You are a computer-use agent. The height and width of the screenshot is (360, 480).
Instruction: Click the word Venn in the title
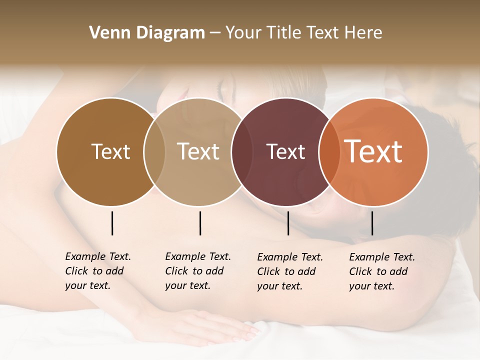tap(107, 33)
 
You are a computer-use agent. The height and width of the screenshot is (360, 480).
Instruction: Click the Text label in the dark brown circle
tap(110, 151)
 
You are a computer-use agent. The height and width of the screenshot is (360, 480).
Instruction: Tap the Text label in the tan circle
tap(198, 151)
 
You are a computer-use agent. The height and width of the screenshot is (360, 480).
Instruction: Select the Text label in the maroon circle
tap(285, 151)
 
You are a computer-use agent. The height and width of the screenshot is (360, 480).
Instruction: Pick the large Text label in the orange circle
tap(373, 151)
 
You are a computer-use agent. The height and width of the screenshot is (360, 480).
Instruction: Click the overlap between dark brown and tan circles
tap(154, 152)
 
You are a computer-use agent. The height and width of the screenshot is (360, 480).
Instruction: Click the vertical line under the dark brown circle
tap(112, 223)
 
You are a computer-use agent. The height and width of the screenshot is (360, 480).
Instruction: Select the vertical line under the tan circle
tap(200, 223)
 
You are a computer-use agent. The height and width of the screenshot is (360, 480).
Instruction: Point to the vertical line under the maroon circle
tap(288, 223)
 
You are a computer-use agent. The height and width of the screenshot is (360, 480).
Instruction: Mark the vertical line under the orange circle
tap(372, 223)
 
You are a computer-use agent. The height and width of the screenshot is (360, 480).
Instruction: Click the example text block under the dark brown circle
tap(97, 271)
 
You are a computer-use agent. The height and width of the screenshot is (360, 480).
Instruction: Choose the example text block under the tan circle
tap(197, 271)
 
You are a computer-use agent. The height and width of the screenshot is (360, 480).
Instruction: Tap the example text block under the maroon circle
tap(289, 271)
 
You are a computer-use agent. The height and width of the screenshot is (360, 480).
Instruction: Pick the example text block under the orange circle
tap(381, 271)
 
